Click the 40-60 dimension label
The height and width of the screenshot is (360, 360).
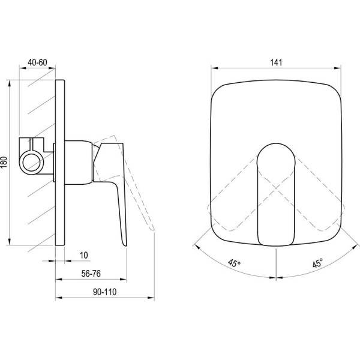[x=37, y=62]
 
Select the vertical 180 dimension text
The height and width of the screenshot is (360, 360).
[x=4, y=163]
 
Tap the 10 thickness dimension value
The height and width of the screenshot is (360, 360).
[x=84, y=256]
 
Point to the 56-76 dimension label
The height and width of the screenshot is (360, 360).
[x=91, y=274]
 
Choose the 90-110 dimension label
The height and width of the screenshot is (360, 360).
[x=104, y=292]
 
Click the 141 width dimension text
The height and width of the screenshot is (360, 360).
[x=276, y=62]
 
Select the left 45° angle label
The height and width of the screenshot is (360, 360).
[x=234, y=263]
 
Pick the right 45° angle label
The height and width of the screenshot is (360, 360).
[x=317, y=263]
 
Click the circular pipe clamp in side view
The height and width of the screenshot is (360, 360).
[x=31, y=163]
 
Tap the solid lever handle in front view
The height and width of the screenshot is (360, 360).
[x=276, y=194]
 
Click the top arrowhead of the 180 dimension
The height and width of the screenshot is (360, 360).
[x=10, y=83]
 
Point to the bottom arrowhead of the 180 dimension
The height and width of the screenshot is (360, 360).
[x=10, y=242]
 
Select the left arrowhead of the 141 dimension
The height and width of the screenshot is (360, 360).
[x=214, y=68]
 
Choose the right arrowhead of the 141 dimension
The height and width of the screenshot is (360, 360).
[x=338, y=68]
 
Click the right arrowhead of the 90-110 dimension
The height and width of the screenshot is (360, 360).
[x=151, y=298]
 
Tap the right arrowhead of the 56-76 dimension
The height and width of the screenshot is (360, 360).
[x=124, y=280]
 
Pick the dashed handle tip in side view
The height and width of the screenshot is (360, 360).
[x=152, y=229]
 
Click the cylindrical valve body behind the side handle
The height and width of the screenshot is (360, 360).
[x=79, y=163]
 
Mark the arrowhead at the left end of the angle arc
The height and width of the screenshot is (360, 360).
[x=197, y=247]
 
